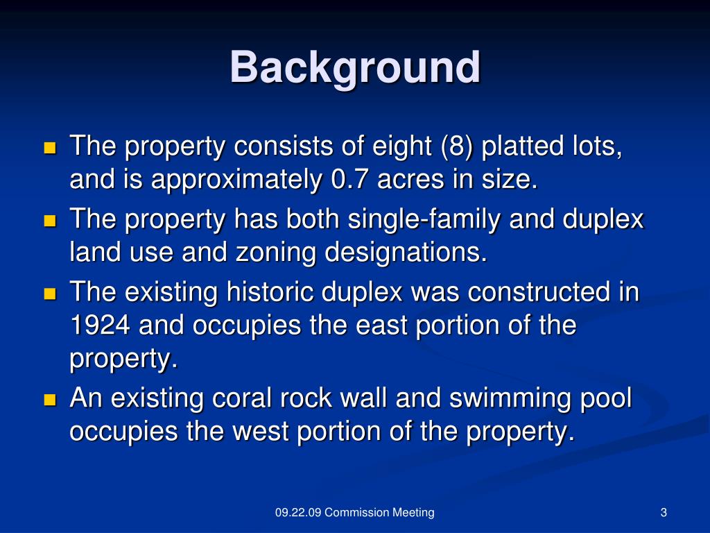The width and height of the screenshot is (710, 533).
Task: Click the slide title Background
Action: coord(355,68)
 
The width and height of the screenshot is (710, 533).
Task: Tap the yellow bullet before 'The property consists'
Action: coord(50,148)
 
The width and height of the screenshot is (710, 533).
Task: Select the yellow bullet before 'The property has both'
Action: coord(50,221)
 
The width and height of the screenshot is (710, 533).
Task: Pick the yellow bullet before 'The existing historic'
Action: coord(50,294)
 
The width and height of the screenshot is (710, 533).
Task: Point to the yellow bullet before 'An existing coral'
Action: coord(50,400)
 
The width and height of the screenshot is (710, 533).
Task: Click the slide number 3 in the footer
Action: coord(664,513)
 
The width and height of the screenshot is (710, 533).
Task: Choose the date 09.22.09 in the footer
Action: coord(297,513)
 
